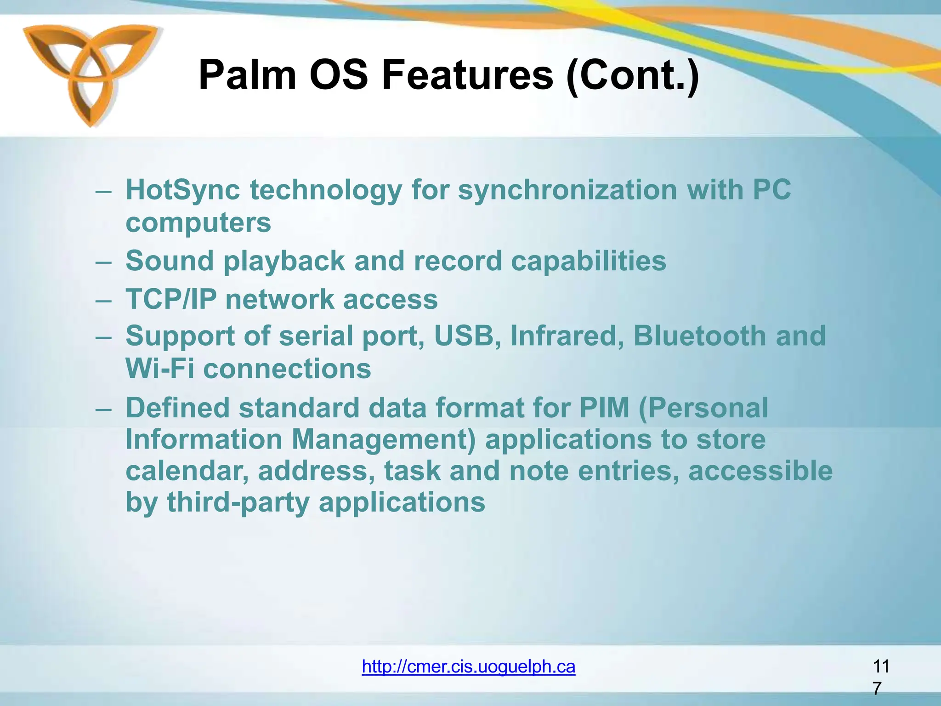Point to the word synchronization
(567, 190)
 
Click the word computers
(198, 223)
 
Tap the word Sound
(170, 261)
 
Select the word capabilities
(588, 261)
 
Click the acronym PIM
(604, 408)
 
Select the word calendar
(187, 471)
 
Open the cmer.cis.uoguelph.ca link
(468, 666)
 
